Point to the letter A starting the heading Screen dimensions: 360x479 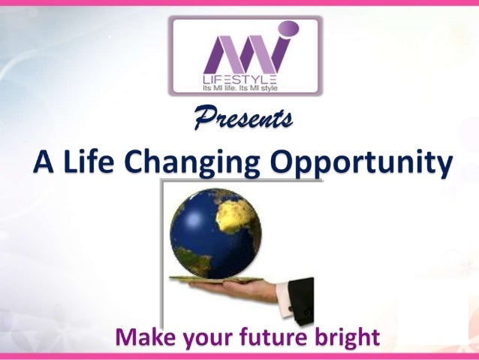click(x=44, y=162)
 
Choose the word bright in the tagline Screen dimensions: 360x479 click(x=343, y=337)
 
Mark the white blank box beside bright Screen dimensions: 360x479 click(x=432, y=316)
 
